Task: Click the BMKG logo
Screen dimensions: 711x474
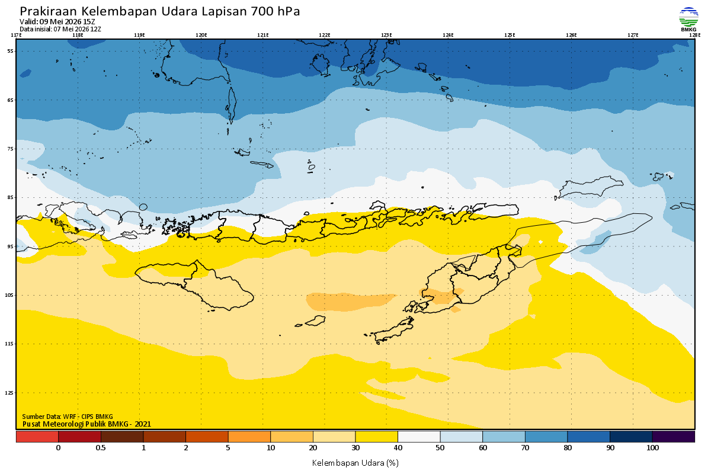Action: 688,19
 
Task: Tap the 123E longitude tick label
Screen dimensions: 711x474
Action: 386,35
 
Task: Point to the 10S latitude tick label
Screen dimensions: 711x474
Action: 9,295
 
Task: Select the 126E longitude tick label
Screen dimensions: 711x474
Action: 571,35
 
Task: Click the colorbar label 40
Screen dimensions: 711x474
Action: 398,448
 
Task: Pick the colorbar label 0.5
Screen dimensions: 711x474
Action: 101,448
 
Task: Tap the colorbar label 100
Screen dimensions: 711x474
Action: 652,448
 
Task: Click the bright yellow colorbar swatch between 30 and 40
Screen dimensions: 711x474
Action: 376,437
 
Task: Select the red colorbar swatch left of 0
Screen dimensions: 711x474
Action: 37,437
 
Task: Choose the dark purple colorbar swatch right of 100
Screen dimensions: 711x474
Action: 674,437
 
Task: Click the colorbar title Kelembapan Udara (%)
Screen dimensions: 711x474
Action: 355,463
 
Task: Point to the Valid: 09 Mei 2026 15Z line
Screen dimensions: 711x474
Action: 57,21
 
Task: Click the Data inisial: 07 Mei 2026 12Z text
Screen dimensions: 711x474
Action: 60,29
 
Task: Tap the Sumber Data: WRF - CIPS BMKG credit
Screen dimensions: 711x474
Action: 68,417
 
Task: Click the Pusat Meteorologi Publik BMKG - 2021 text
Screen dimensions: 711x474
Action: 87,424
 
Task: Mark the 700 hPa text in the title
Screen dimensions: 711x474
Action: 275,11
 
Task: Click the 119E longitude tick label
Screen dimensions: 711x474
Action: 139,35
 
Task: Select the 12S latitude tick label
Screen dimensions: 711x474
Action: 9,393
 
